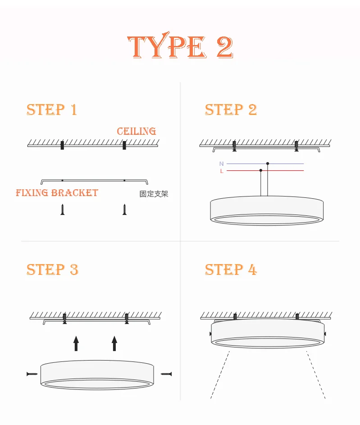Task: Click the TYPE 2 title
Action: tap(180, 46)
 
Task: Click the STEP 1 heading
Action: tap(52, 110)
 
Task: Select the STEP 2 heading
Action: tap(231, 110)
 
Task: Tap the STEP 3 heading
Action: tap(52, 270)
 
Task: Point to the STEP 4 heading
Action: tap(231, 270)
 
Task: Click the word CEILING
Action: tap(136, 131)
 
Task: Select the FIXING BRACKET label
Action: tap(57, 193)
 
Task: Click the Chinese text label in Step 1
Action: tap(154, 194)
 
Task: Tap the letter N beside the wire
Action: tap(221, 164)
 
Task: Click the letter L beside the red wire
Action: tap(221, 171)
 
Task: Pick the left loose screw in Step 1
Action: tap(63, 209)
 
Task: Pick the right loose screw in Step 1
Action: tap(124, 209)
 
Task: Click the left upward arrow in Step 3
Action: tap(76, 343)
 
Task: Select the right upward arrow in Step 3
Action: tap(114, 343)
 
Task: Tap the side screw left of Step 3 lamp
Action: tap(32, 374)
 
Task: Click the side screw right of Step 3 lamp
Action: tap(166, 374)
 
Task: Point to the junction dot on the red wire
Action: tap(261, 170)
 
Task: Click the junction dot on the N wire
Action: tap(268, 163)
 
